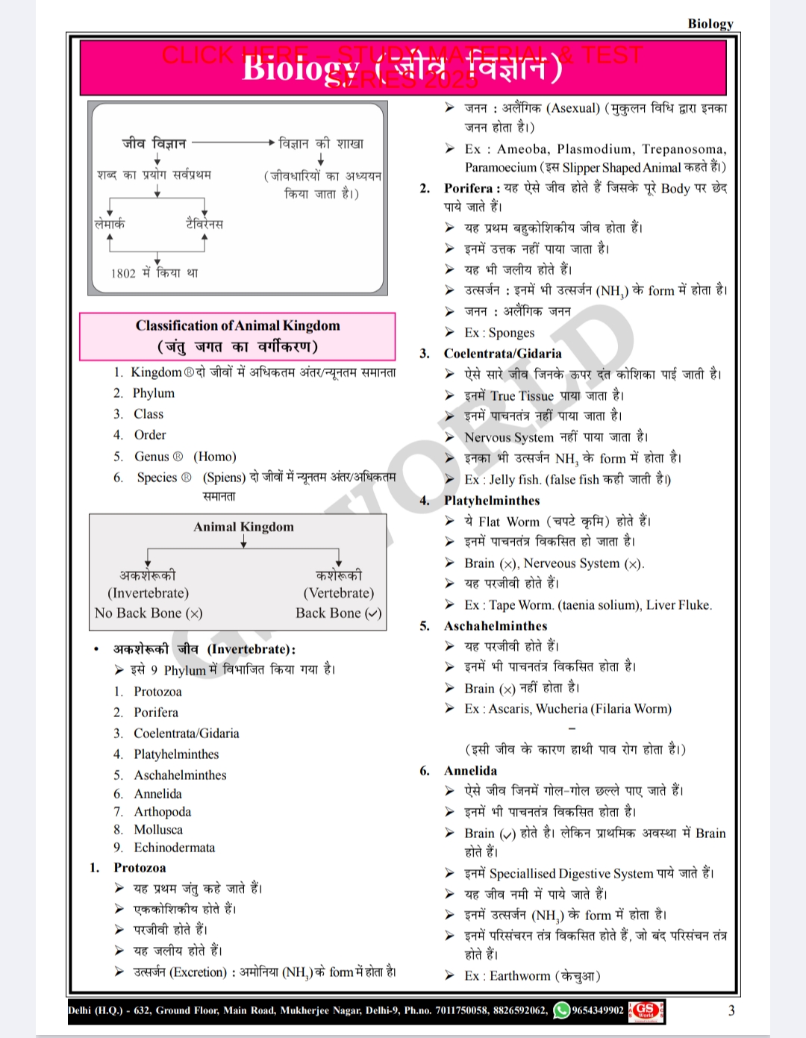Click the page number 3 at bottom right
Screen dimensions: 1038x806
tap(731, 1010)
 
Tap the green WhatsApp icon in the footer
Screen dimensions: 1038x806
tap(561, 1010)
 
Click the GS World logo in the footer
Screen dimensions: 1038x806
tap(646, 1010)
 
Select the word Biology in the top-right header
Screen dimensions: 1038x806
tap(710, 23)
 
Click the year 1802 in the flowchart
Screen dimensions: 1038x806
tap(123, 273)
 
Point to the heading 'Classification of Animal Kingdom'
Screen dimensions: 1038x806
tap(237, 325)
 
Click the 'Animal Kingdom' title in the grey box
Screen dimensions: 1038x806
tap(243, 527)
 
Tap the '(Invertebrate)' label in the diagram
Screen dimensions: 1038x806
tap(148, 593)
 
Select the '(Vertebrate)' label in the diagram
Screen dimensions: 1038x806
tap(338, 593)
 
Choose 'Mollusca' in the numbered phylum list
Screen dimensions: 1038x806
tap(158, 830)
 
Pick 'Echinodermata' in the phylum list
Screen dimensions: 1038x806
tap(175, 848)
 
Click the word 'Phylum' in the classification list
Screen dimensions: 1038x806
tap(154, 393)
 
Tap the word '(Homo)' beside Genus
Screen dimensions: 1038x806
tap(215, 457)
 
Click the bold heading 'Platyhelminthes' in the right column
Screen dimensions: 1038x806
tap(492, 501)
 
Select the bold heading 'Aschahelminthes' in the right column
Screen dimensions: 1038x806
tap(496, 626)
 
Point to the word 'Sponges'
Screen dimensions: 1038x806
tap(511, 333)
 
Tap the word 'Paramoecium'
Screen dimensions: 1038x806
tap(501, 168)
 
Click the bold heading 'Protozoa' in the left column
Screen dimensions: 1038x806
tap(140, 868)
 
